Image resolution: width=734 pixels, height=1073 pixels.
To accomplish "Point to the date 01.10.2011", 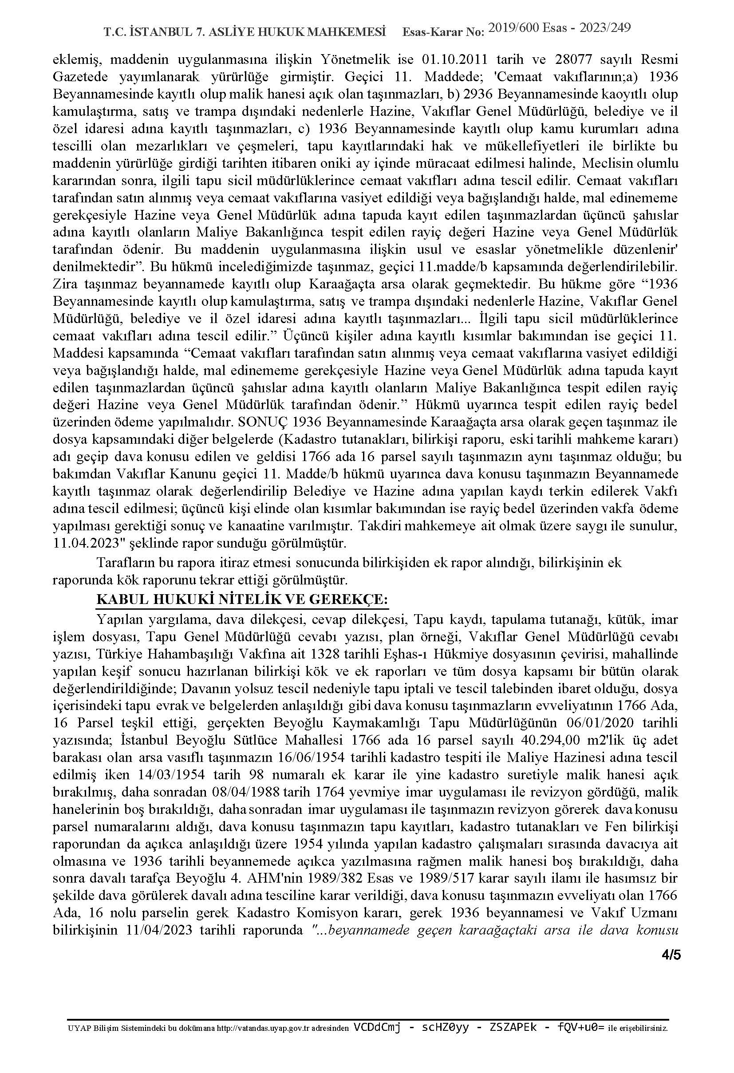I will click(x=448, y=60).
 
